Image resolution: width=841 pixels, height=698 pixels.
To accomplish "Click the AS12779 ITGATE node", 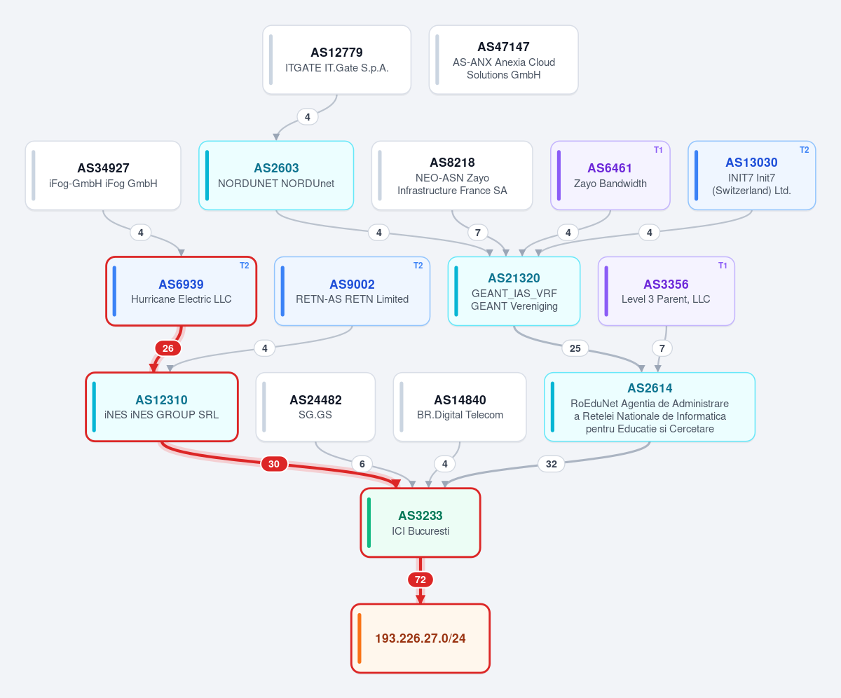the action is (x=336, y=60).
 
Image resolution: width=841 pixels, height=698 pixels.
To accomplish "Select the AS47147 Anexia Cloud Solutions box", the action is (x=503, y=60).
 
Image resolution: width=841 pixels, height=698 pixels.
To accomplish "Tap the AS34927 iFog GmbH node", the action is (x=103, y=176).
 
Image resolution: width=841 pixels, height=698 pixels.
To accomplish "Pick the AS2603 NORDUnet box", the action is (x=276, y=176).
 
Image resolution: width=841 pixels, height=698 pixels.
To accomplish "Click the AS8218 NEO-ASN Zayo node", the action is (x=452, y=176).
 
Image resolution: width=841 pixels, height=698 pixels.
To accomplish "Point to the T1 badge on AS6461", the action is (x=658, y=150).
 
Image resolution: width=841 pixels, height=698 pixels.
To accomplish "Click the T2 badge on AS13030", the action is (x=804, y=150).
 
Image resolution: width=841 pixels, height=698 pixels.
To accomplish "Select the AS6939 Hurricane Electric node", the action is (x=182, y=292).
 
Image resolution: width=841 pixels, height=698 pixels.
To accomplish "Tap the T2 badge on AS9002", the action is (x=418, y=266).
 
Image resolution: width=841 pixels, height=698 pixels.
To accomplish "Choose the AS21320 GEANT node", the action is (x=514, y=292).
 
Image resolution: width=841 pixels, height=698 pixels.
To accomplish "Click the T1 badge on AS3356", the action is (x=723, y=266).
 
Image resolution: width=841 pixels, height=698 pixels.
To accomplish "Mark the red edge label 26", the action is (x=168, y=348).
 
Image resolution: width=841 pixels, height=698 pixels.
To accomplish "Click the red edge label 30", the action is (x=274, y=464).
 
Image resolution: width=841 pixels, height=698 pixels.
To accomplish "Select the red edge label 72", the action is (x=420, y=580).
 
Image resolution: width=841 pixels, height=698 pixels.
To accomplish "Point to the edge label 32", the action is (x=552, y=464).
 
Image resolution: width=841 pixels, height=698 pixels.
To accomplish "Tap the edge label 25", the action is (x=575, y=348).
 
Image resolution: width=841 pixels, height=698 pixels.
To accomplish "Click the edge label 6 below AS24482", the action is (x=362, y=464).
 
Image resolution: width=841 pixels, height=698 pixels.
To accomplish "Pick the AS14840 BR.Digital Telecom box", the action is (x=460, y=406).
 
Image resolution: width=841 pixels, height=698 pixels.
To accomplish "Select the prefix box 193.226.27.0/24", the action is (x=420, y=638).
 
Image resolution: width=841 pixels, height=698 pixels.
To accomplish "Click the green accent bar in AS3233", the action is (x=369, y=523).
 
